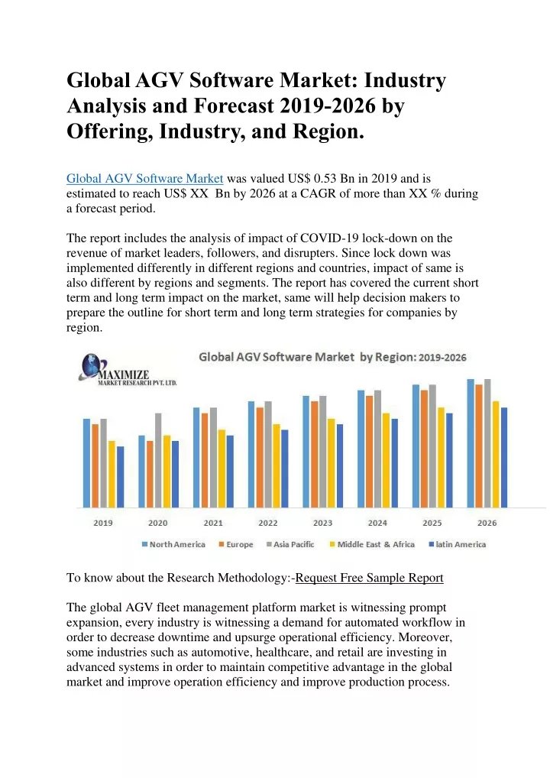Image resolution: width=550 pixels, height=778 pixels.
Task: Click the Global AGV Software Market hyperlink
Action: point(145,179)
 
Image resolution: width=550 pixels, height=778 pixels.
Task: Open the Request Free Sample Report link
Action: point(370,578)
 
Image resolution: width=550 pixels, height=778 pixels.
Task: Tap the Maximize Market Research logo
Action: point(128,370)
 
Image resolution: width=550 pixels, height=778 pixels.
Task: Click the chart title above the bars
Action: point(332,357)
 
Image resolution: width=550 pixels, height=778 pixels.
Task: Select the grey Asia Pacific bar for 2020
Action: point(158,460)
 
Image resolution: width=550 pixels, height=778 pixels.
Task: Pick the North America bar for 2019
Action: point(87,463)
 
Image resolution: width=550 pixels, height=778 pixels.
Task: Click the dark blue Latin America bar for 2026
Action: point(504,458)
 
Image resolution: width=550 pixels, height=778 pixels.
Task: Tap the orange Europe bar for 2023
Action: point(315,455)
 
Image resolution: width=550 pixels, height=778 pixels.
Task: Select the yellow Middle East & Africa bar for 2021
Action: point(222,469)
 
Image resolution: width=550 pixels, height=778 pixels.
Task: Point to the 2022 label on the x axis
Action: point(268,523)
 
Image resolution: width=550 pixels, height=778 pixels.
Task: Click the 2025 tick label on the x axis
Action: point(432,523)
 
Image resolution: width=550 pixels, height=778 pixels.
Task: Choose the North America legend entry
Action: point(173,544)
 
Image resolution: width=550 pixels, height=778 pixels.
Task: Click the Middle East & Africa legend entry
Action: point(372,544)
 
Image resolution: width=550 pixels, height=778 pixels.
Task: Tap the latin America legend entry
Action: point(458,544)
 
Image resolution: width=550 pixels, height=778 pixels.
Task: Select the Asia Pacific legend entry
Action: point(290,544)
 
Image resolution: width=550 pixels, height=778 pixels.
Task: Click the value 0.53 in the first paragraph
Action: point(325,179)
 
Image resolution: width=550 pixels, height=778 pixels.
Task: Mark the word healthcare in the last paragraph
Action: point(283,653)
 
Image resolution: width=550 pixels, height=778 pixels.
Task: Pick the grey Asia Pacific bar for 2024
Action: point(378,449)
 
